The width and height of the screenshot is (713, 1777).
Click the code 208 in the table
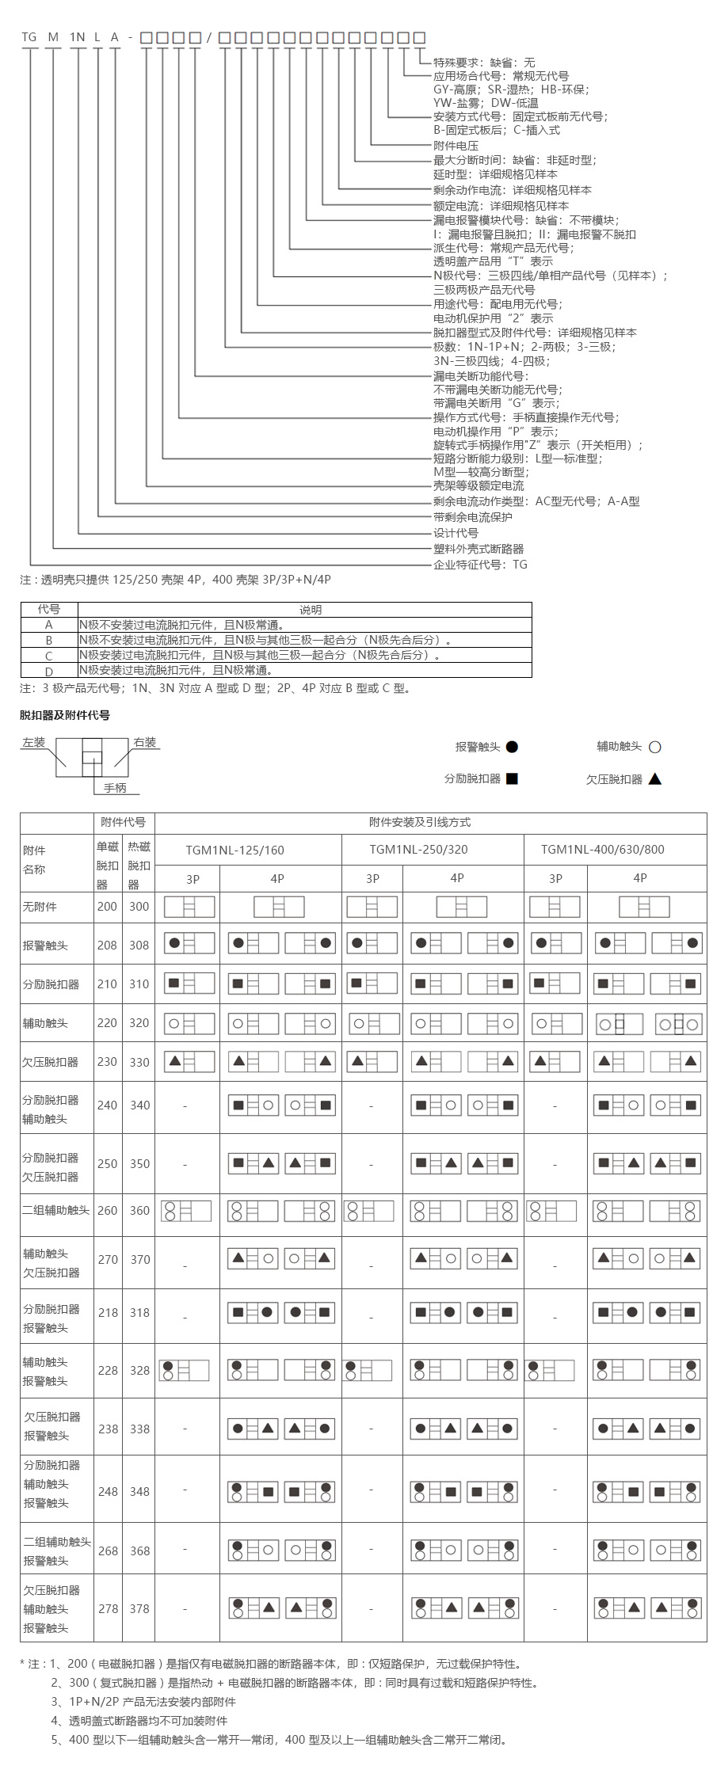(107, 945)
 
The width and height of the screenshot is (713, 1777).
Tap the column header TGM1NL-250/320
(433, 850)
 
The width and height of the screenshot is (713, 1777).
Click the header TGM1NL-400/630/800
(614, 850)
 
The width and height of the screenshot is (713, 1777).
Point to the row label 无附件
(40, 906)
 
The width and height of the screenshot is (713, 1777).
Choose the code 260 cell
(107, 1210)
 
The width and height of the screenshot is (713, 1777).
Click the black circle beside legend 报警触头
(512, 747)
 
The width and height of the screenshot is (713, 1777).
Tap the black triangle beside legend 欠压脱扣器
(654, 778)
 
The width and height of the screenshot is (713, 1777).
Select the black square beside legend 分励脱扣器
(512, 778)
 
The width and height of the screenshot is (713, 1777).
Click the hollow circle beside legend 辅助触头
(654, 747)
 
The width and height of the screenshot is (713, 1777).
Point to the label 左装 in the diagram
(34, 743)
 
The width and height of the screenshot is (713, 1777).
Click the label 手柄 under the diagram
(115, 788)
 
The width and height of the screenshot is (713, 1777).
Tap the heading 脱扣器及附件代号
(65, 715)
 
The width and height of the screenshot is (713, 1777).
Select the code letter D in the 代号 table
(48, 672)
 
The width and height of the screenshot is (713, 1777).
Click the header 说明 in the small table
(311, 610)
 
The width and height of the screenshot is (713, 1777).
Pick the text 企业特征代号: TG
(480, 565)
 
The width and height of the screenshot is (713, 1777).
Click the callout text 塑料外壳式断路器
(479, 549)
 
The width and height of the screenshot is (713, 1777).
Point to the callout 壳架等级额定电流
(479, 485)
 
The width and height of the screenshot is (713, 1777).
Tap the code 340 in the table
(139, 1105)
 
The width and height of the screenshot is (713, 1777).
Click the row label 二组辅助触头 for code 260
(56, 1210)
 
